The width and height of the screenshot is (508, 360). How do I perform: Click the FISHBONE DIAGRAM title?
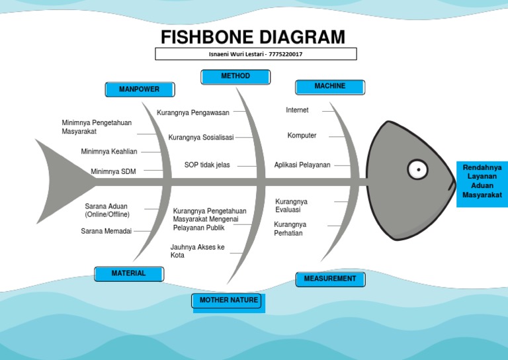254,36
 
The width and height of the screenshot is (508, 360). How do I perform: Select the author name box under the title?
255,54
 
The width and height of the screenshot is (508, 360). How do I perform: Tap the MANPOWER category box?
140,89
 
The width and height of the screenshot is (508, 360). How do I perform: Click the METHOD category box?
235,77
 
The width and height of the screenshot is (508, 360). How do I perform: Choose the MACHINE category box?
329,87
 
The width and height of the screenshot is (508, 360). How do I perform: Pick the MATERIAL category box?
128,273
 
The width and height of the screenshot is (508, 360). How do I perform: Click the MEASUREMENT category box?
329,279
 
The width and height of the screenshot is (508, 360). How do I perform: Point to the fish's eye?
417,169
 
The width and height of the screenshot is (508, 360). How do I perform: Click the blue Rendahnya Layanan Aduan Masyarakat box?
482,181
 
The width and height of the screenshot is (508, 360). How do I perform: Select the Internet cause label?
297,110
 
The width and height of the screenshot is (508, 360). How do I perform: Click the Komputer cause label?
302,136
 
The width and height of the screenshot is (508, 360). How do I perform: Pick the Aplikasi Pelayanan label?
302,165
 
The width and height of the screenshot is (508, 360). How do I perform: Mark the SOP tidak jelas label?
207,165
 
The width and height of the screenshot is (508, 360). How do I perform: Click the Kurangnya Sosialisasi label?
201,138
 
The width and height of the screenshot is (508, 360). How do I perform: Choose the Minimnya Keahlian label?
109,152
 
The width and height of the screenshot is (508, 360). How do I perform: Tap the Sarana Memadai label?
106,231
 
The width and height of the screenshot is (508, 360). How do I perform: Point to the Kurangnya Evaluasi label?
291,205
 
